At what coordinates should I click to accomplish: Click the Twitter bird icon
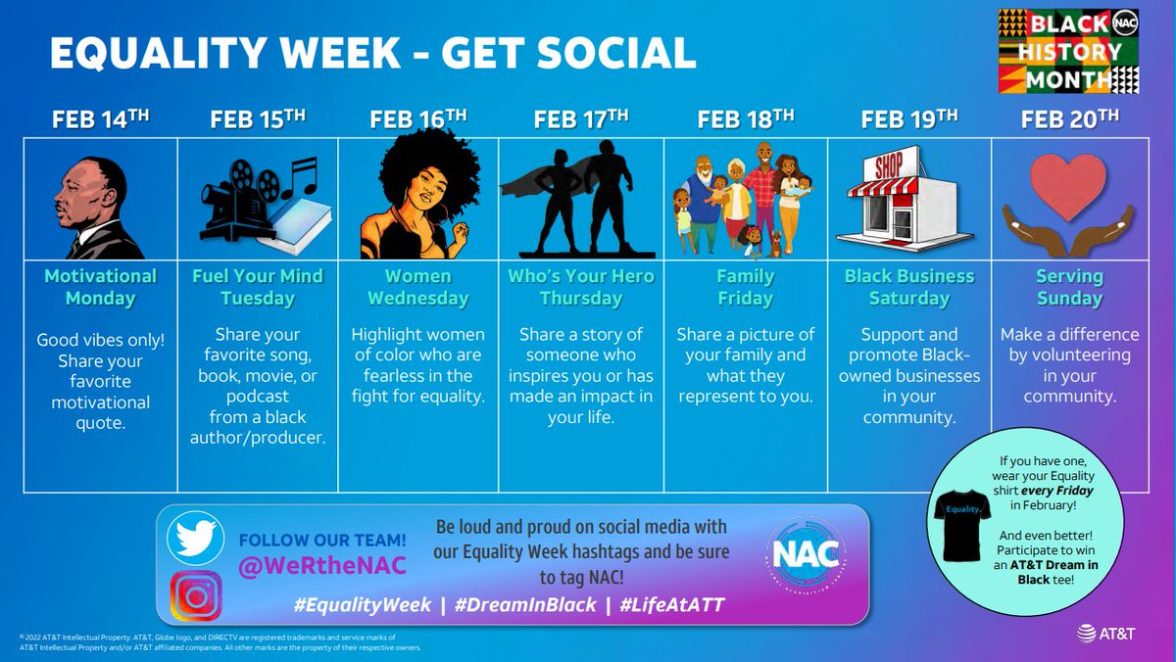pyautogui.click(x=197, y=539)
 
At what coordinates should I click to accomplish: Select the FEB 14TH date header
pyautogui.click(x=101, y=120)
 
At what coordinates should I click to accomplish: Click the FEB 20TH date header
pyautogui.click(x=1069, y=120)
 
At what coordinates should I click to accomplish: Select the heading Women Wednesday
pyautogui.click(x=418, y=287)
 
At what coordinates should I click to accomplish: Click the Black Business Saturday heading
pyautogui.click(x=909, y=287)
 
